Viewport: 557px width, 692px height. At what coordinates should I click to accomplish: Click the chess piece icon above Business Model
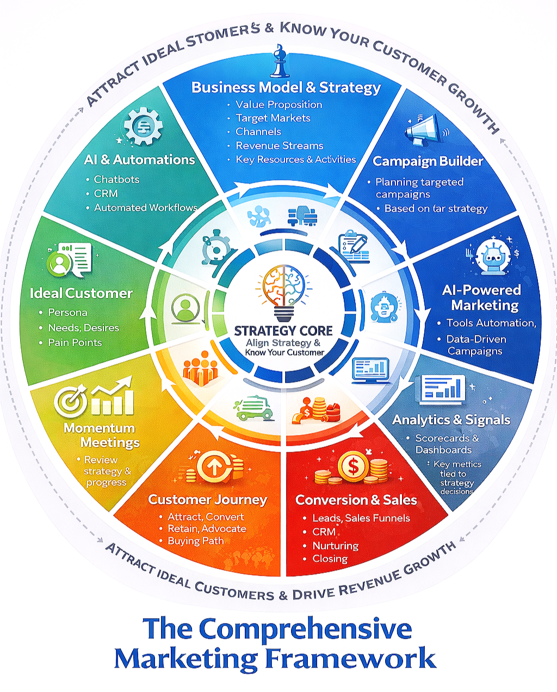click(x=278, y=65)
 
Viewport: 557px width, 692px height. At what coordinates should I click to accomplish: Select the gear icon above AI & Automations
click(x=143, y=126)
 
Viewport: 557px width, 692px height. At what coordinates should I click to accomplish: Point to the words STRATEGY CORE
click(x=283, y=331)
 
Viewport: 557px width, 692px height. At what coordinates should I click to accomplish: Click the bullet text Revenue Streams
click(x=279, y=146)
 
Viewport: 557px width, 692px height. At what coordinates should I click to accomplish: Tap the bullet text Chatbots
click(x=116, y=179)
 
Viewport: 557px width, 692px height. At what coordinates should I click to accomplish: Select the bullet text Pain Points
click(x=75, y=342)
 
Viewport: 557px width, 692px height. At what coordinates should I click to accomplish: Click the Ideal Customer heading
click(x=81, y=294)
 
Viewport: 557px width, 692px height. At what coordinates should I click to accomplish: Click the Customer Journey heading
click(x=207, y=500)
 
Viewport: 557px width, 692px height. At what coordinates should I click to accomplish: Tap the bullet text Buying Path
click(x=195, y=541)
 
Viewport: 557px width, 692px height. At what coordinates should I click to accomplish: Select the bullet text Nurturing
click(x=335, y=545)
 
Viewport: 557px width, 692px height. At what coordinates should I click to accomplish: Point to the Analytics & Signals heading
click(x=451, y=420)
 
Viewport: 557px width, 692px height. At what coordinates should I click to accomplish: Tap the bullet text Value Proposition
click(x=278, y=104)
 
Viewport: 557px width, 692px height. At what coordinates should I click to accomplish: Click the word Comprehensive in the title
click(x=305, y=629)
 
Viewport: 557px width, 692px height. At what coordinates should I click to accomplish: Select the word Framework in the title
click(x=350, y=658)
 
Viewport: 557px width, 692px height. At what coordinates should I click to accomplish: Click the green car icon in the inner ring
click(x=253, y=408)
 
